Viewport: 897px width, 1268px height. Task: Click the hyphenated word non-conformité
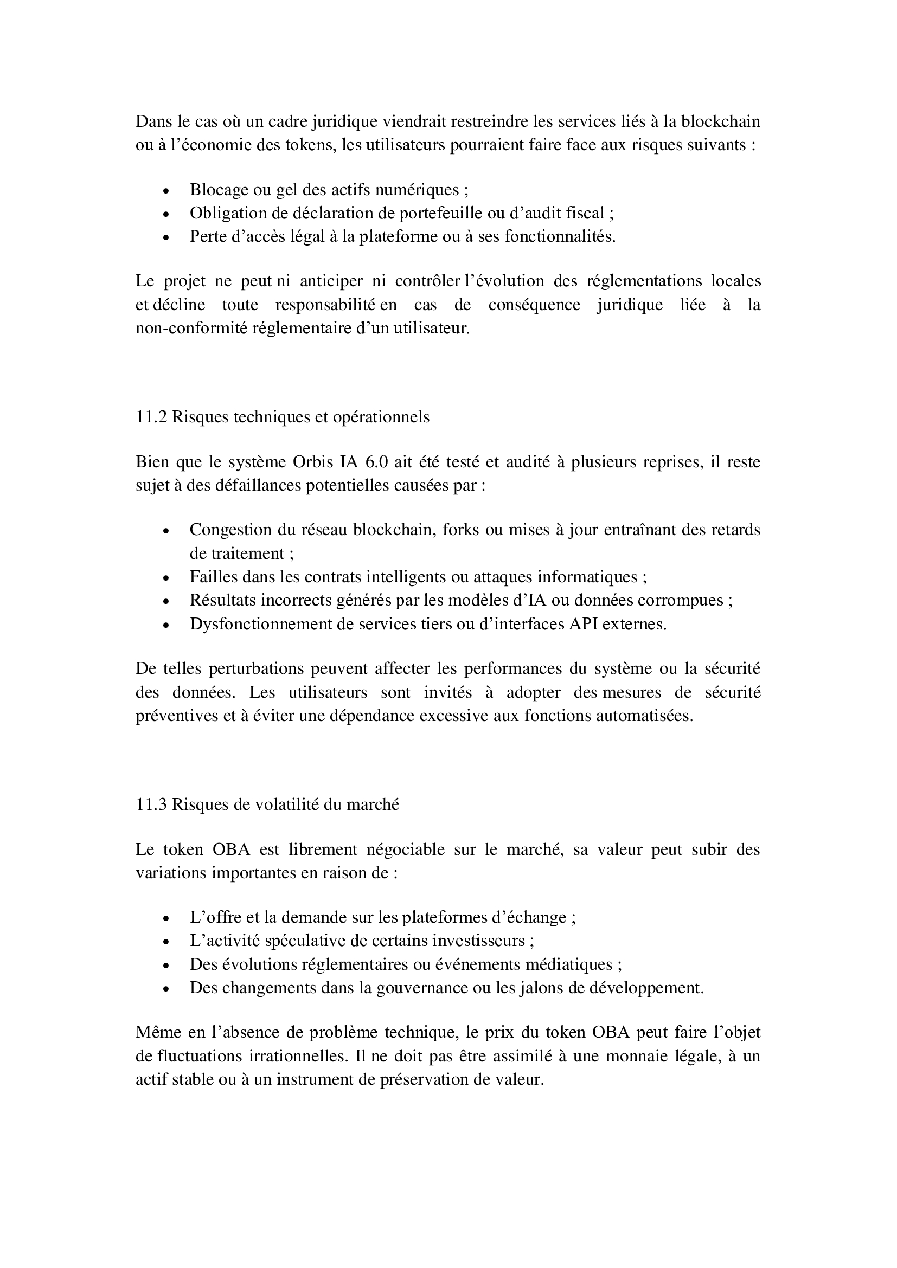point(191,329)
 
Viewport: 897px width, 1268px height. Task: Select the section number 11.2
point(151,417)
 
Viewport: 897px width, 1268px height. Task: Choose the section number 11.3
point(151,804)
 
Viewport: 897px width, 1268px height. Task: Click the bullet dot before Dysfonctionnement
point(166,625)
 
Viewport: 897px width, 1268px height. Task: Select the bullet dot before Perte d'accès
point(166,238)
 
